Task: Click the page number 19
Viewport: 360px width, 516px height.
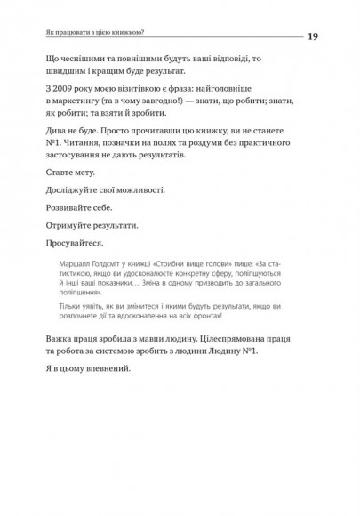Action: (x=313, y=36)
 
